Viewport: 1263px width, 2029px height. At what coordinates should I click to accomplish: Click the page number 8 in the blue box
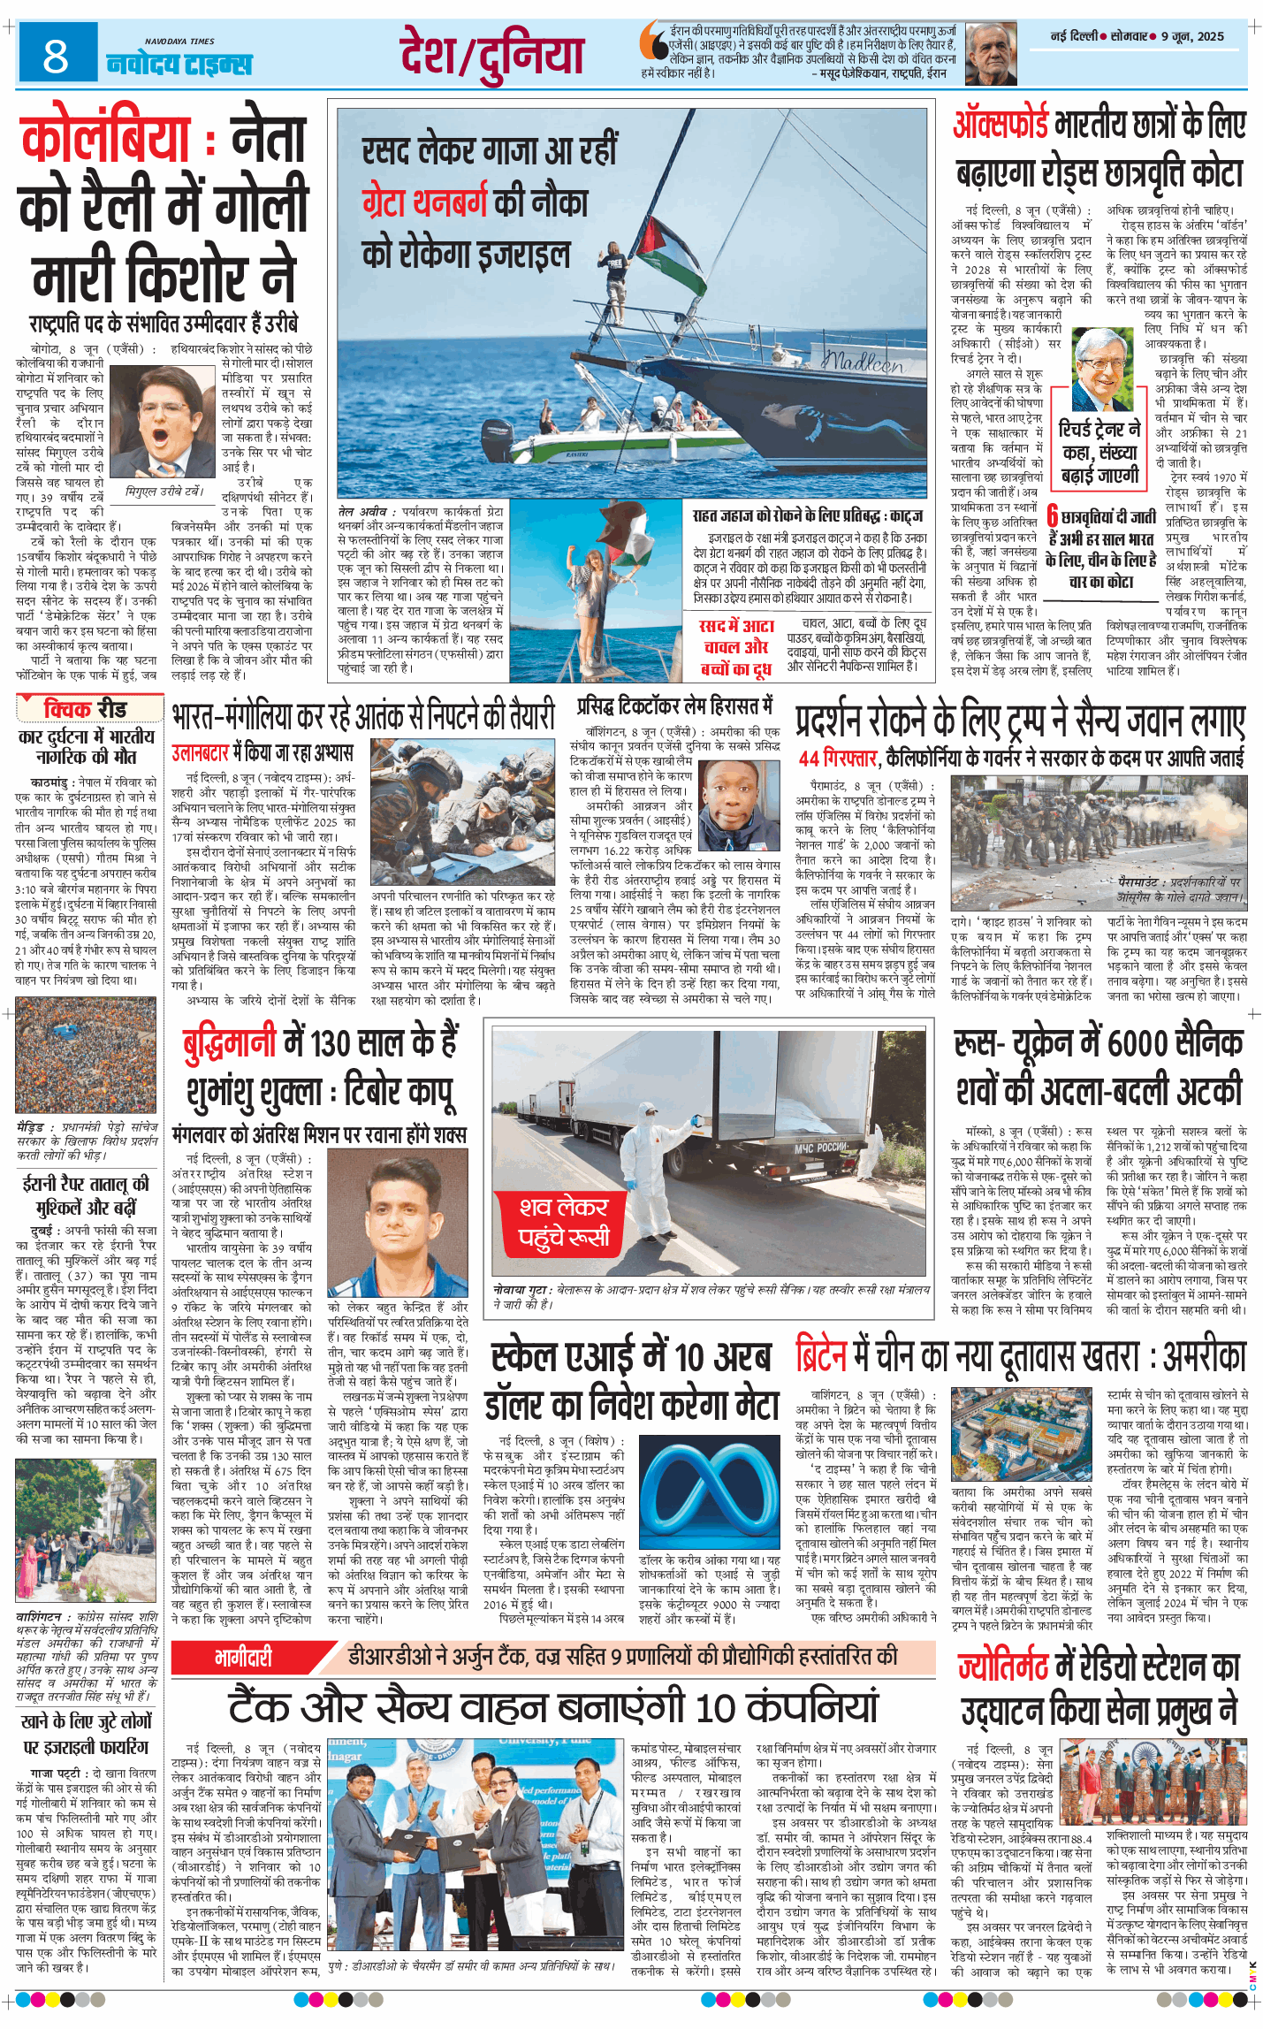click(x=56, y=56)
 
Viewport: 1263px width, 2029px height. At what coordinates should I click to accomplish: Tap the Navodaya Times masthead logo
click(x=179, y=60)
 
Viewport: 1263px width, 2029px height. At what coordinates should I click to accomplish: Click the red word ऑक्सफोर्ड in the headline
click(x=1001, y=125)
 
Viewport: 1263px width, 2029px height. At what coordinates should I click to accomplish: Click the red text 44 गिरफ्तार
click(x=836, y=759)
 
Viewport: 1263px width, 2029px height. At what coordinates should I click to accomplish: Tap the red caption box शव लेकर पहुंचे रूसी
click(x=564, y=1223)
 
